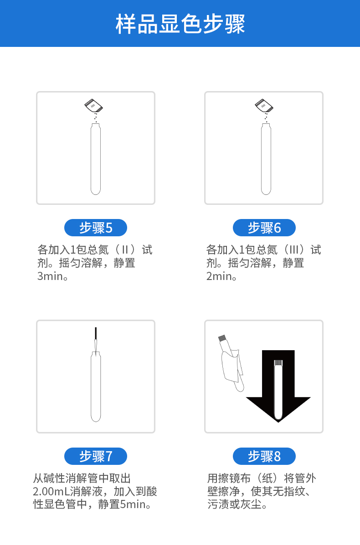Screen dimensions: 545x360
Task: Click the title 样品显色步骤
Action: pyautogui.click(x=180, y=24)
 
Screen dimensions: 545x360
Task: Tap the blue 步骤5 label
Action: pyautogui.click(x=96, y=228)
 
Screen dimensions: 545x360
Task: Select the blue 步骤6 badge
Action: pyautogui.click(x=264, y=228)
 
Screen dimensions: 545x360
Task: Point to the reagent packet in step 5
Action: pyautogui.click(x=94, y=106)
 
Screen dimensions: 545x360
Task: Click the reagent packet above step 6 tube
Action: pyautogui.click(x=263, y=106)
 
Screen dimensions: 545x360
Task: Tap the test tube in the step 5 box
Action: pyautogui.click(x=96, y=159)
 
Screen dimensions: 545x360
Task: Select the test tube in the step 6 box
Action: pyautogui.click(x=266, y=159)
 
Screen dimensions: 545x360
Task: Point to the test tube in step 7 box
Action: pyautogui.click(x=96, y=387)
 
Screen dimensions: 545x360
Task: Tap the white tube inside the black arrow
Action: pyautogui.click(x=278, y=389)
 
